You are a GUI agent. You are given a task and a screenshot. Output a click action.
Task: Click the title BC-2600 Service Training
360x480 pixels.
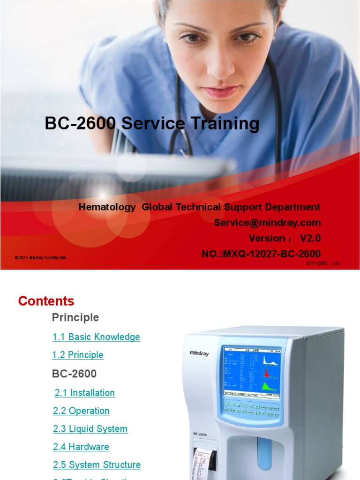pos(152,124)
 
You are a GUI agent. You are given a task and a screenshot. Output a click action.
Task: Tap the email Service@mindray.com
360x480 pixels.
pos(267,223)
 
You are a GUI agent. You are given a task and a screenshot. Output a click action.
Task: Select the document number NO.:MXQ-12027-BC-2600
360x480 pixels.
pos(261,254)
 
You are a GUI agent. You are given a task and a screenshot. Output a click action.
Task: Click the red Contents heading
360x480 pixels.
pos(46,301)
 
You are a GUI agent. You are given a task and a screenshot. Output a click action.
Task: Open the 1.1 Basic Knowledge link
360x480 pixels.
pos(96,337)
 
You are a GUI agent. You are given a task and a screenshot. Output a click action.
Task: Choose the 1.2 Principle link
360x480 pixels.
pos(78,355)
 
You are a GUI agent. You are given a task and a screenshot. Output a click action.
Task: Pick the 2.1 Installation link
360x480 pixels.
pos(85,393)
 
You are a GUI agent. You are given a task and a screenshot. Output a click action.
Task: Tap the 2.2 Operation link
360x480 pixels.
pos(82,411)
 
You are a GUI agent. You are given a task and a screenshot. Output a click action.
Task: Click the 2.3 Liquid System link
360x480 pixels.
pos(90,429)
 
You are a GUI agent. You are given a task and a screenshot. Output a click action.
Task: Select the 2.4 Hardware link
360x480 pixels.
pos(81,447)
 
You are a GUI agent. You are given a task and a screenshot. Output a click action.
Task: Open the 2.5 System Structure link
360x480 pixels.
pos(97,465)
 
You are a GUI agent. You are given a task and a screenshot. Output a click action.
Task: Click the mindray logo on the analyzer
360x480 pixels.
pos(199,352)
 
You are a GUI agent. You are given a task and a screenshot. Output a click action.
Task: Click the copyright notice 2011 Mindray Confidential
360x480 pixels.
pos(41,258)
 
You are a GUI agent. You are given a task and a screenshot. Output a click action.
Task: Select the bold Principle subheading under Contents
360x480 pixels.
pos(75,318)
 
